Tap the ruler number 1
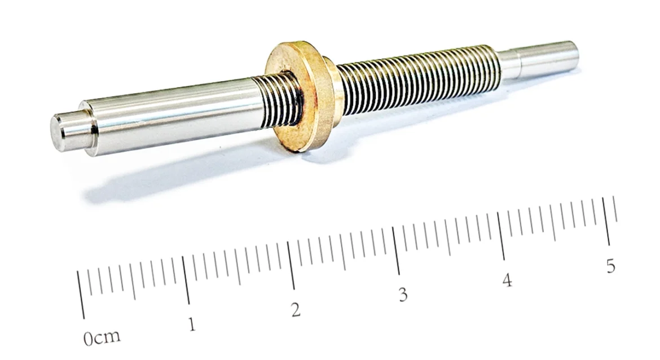tap(192, 324)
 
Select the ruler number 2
tap(296, 310)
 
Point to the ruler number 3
tap(403, 295)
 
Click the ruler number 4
tap(507, 280)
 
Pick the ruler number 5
tap(611, 266)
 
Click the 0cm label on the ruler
tap(102, 337)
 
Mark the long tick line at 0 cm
tap(81, 295)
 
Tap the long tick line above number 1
tap(186, 280)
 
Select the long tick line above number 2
tap(291, 265)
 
